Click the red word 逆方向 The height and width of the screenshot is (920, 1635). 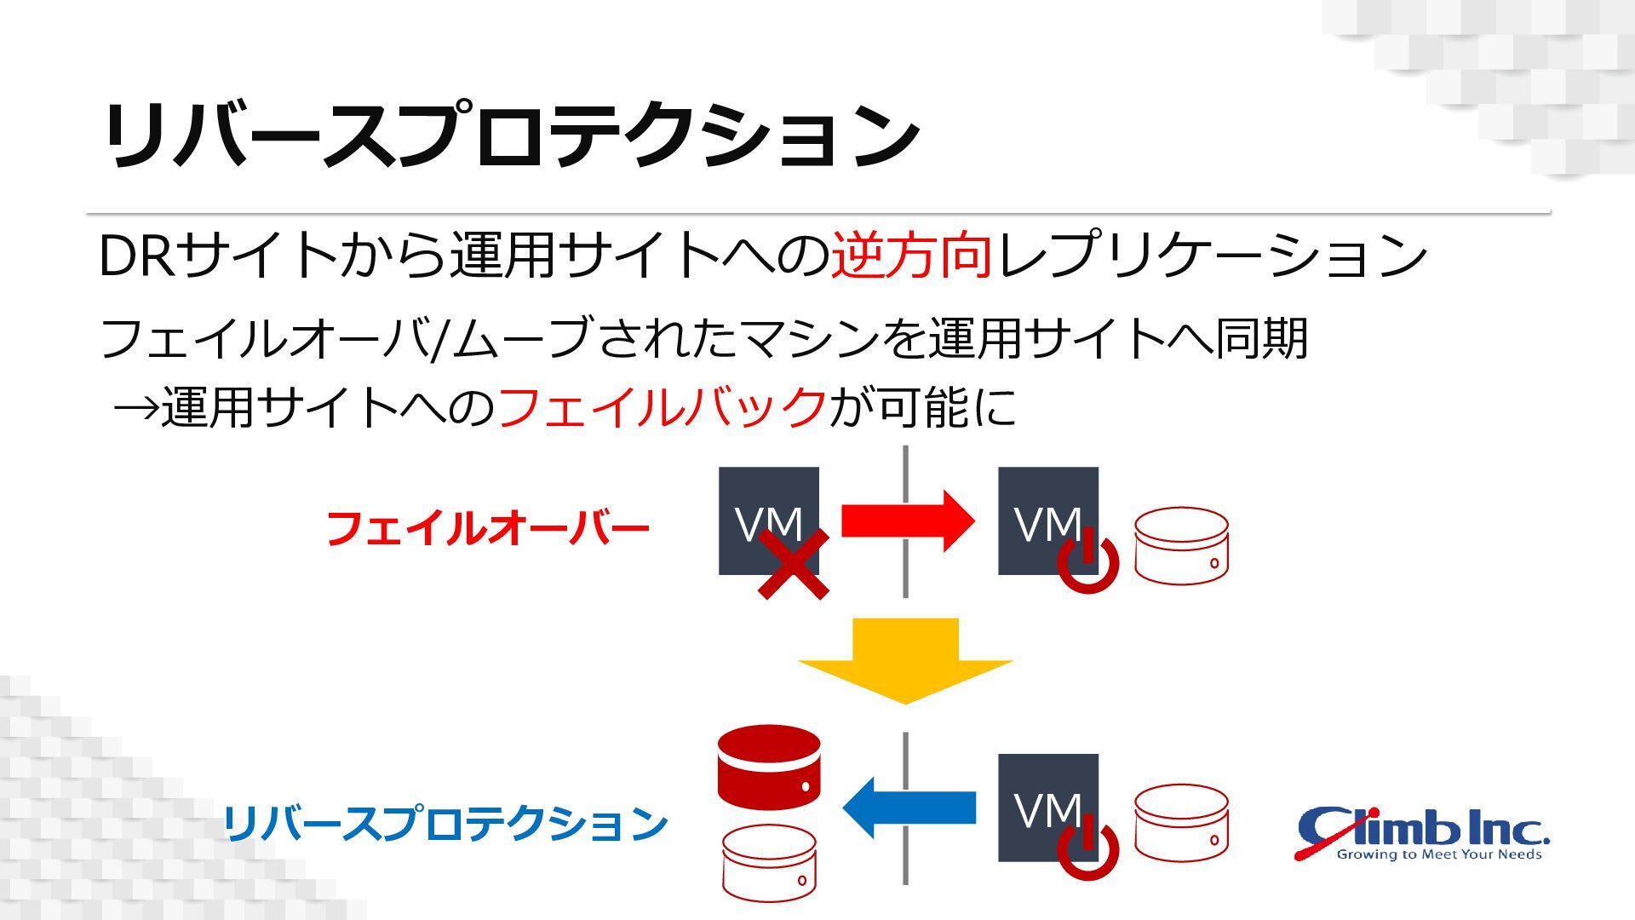point(911,255)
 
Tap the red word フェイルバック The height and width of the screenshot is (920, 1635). point(662,407)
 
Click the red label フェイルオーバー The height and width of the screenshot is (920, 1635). point(487,529)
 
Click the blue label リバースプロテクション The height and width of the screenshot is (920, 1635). point(445,824)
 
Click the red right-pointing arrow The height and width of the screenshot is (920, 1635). point(907,520)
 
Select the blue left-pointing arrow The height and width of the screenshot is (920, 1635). point(909,807)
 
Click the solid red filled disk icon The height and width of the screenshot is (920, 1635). point(769,767)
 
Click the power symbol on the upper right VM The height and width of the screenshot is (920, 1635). point(1087,561)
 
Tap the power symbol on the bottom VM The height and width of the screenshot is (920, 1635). point(1087,848)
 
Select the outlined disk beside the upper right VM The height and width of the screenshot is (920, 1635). point(1181,546)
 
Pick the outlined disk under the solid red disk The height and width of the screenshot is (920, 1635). point(769,862)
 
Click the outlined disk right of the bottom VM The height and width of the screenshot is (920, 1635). point(1181,823)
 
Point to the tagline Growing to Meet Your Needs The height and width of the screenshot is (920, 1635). point(1439,854)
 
